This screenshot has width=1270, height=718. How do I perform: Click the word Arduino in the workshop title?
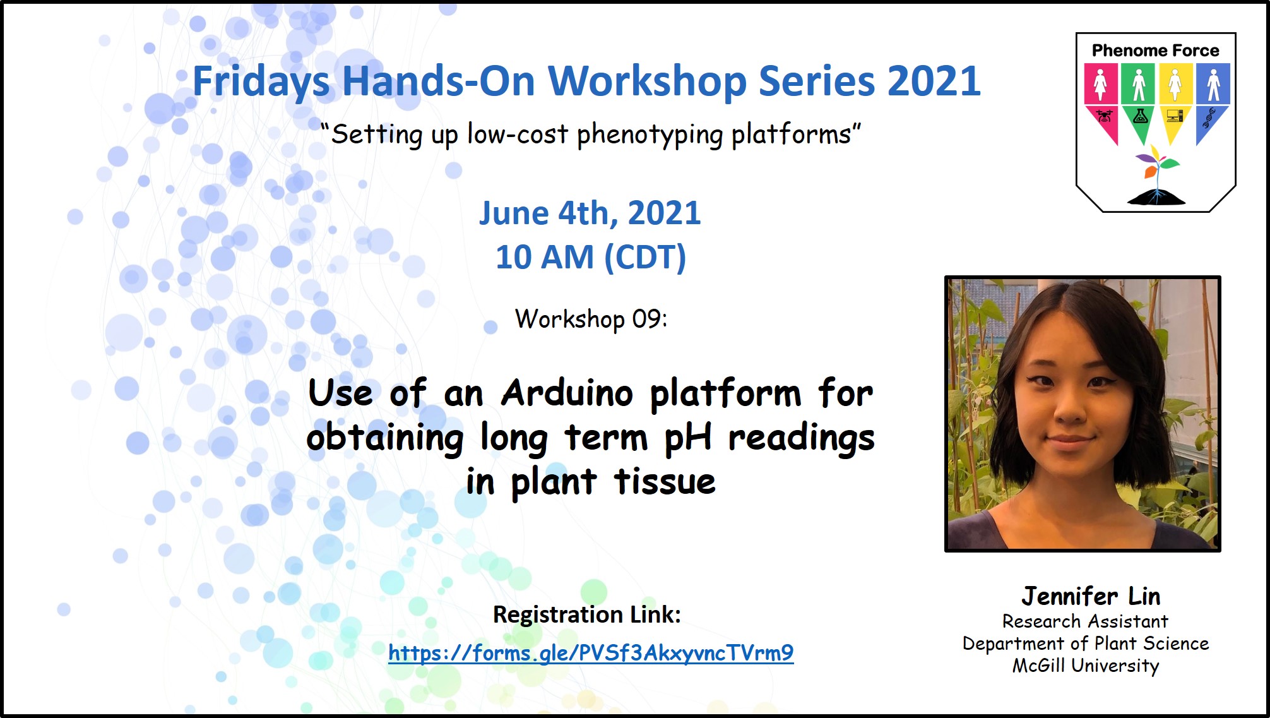(x=567, y=393)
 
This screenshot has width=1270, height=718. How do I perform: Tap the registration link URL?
(x=591, y=652)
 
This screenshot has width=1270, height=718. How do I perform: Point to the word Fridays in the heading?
(x=261, y=82)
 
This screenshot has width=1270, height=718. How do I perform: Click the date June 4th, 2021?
(x=590, y=213)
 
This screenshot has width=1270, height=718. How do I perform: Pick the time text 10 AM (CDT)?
(x=590, y=257)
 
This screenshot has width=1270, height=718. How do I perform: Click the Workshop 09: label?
(x=591, y=319)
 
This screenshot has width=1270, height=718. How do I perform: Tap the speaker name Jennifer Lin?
(x=1091, y=595)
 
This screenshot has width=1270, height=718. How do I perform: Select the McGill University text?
(x=1086, y=666)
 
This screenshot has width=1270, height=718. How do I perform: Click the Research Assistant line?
(x=1085, y=621)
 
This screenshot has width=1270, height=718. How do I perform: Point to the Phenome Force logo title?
(x=1155, y=51)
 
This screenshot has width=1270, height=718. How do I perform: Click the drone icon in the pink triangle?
(x=1104, y=116)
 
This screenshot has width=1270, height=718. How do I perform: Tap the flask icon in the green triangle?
(x=1140, y=116)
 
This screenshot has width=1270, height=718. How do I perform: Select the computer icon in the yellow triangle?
(x=1175, y=116)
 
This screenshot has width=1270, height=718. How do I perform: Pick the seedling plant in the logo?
(x=1156, y=174)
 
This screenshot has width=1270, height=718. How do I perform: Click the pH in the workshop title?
(x=688, y=438)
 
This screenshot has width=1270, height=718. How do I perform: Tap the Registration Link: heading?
(x=587, y=614)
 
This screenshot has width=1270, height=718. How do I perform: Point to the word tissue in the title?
(x=665, y=481)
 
